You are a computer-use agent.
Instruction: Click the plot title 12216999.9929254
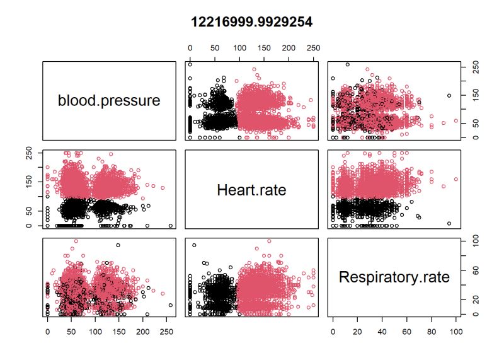click(252, 22)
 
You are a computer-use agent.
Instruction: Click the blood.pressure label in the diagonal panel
click(108, 101)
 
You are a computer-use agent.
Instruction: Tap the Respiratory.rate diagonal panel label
click(394, 277)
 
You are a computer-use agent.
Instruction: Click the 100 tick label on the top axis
click(239, 48)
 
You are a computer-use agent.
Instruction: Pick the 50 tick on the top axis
click(214, 48)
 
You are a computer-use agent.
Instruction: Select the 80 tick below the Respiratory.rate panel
click(432, 329)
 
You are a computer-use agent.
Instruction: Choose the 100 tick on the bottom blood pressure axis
click(95, 329)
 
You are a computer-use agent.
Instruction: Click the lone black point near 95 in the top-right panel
click(449, 96)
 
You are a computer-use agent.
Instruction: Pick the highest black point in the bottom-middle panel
click(194, 245)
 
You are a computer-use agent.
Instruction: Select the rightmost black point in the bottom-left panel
click(171, 305)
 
